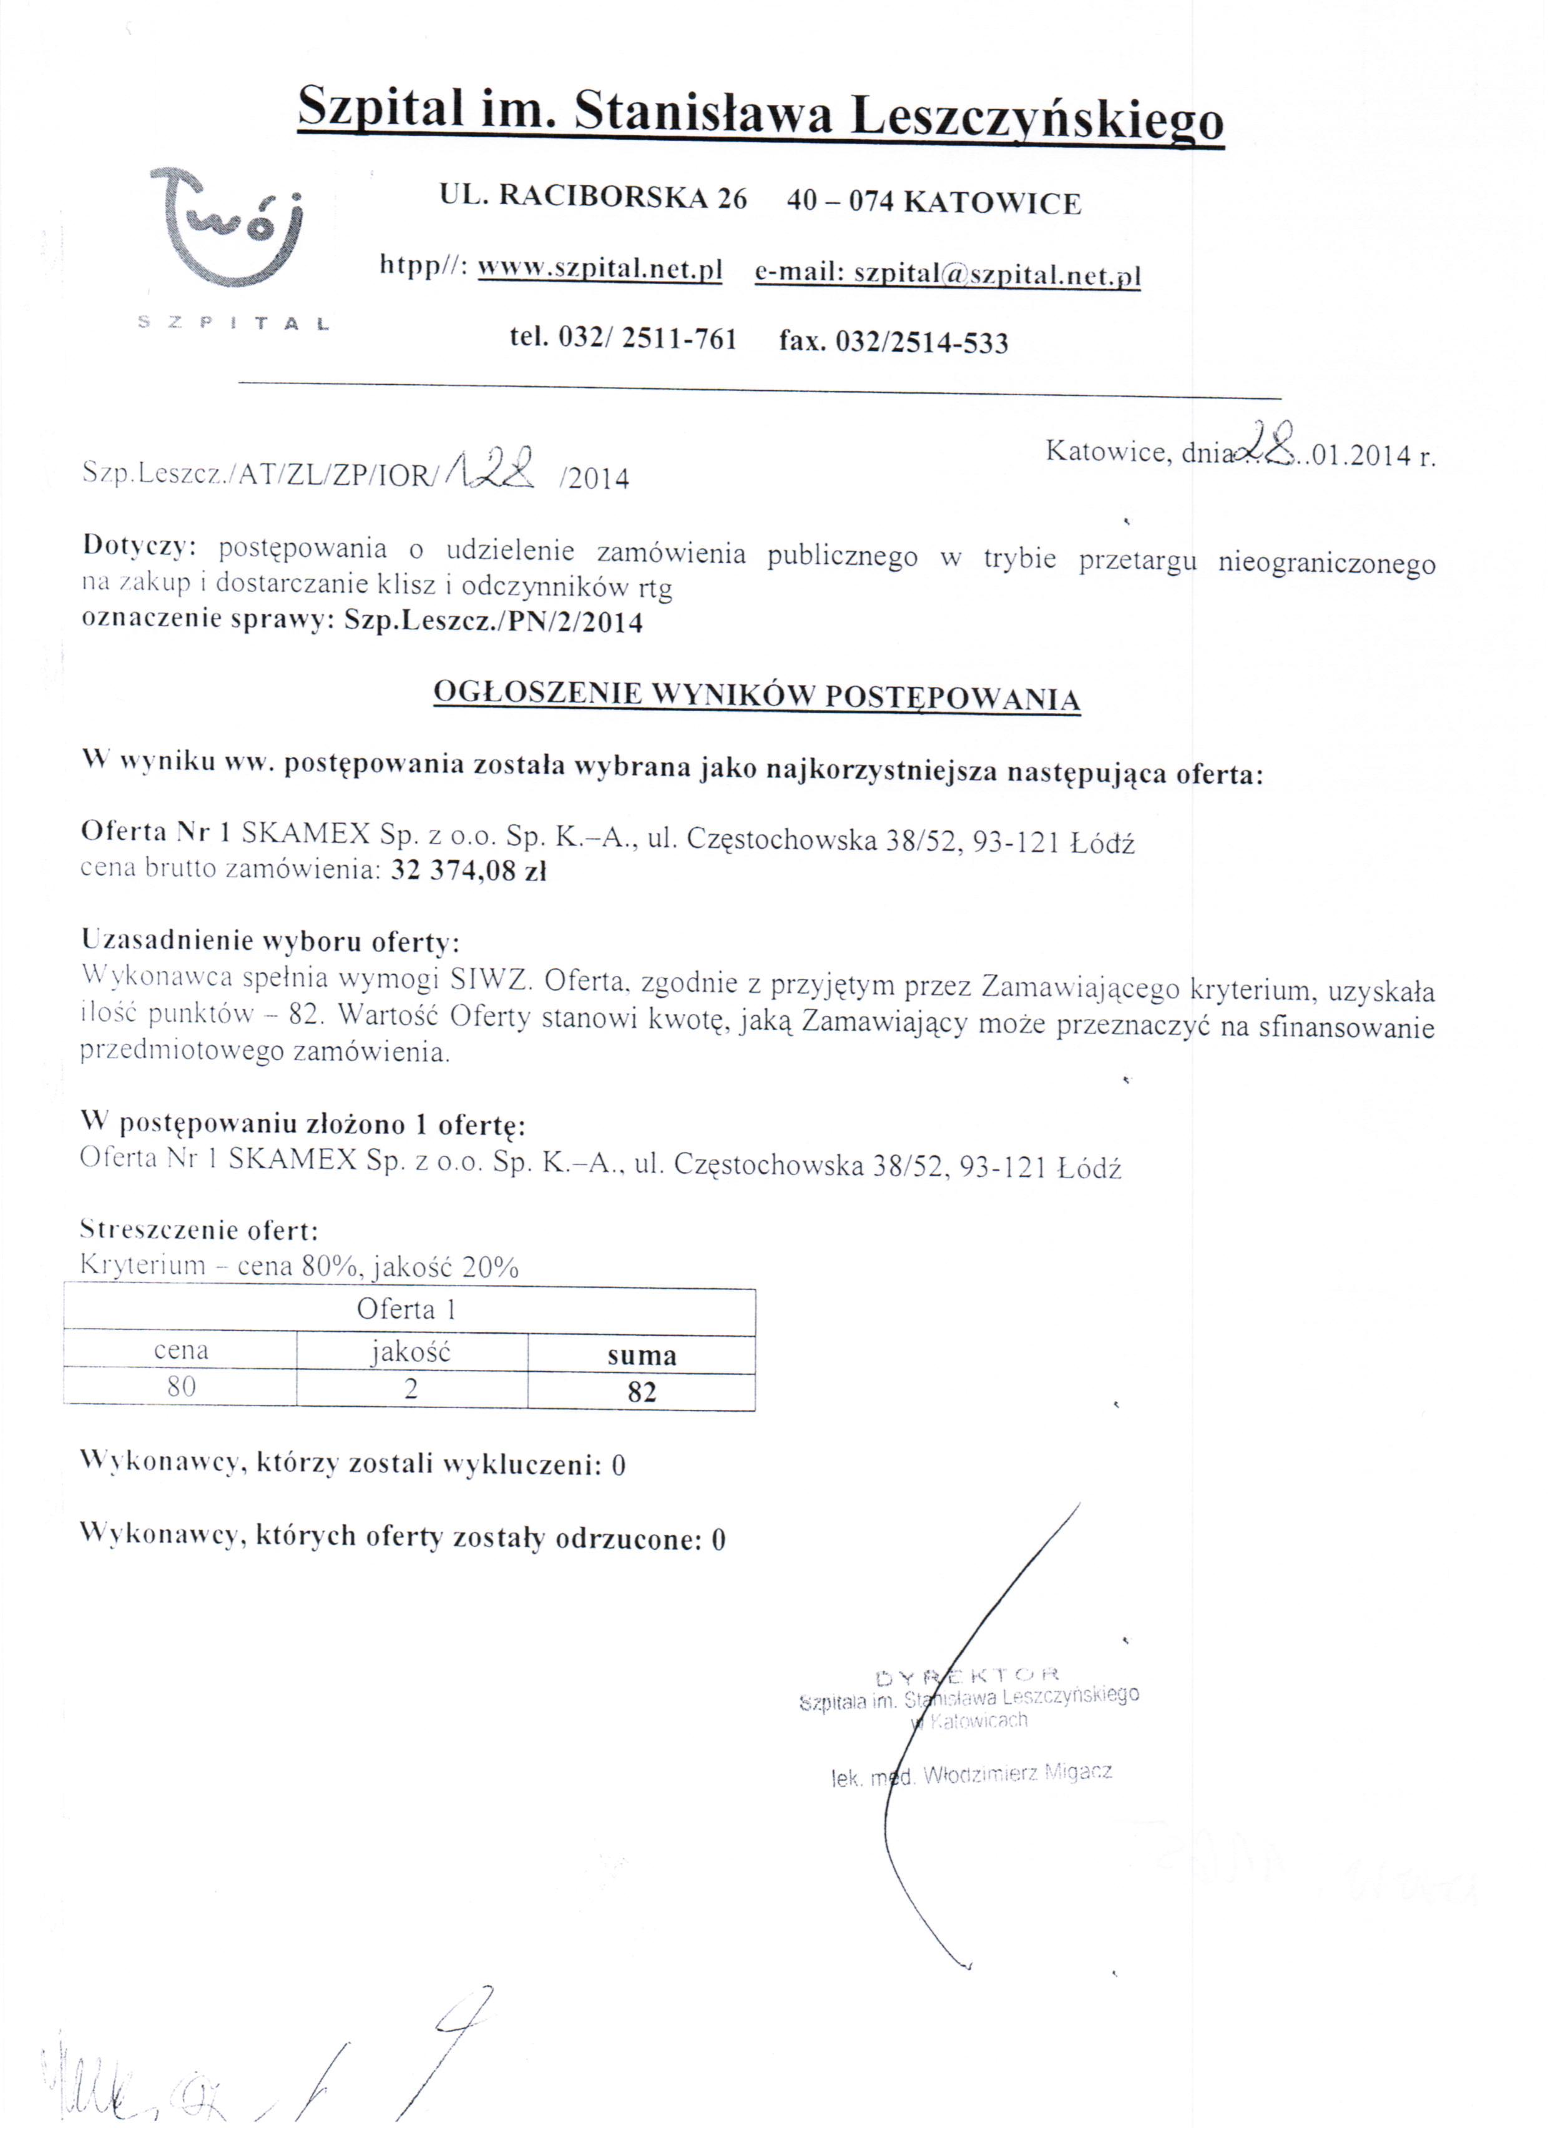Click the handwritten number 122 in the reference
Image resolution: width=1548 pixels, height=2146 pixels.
point(494,466)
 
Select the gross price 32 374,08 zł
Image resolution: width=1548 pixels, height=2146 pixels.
point(468,870)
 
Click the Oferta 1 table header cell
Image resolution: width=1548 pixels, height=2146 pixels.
point(407,1309)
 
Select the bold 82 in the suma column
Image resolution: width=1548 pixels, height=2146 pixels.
point(642,1392)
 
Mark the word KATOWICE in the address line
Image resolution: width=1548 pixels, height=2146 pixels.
point(992,202)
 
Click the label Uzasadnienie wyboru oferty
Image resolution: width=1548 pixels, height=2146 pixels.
point(270,942)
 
